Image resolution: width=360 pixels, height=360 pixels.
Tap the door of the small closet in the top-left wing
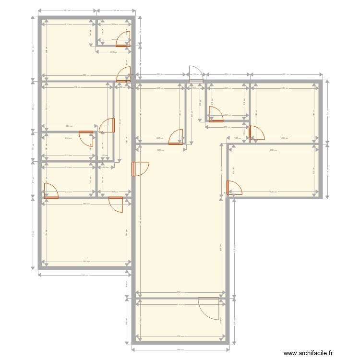(x=124, y=39)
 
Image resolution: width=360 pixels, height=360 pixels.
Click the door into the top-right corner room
(x=256, y=132)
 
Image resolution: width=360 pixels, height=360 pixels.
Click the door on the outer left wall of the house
(x=50, y=191)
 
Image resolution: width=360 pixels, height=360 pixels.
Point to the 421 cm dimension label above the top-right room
(x=286, y=74)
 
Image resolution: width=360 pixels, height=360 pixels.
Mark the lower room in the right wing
(x=276, y=170)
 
